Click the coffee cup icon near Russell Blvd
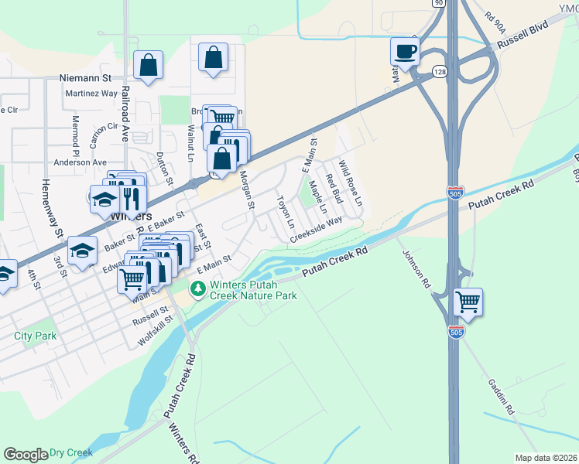(x=404, y=53)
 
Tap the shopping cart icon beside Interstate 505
(x=468, y=302)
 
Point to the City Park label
(x=35, y=336)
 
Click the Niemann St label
(x=86, y=78)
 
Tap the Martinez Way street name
(x=91, y=93)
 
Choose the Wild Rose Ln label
(x=350, y=183)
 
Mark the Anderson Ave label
(x=80, y=162)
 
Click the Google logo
(x=25, y=455)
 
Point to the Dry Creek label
(x=70, y=452)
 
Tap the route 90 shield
(x=439, y=3)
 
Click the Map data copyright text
(x=546, y=458)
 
